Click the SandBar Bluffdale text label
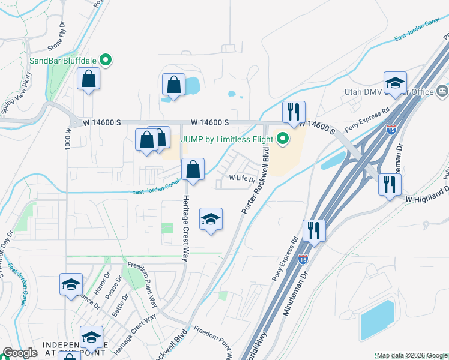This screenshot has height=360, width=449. [x=64, y=61]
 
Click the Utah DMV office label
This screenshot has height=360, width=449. [x=415, y=92]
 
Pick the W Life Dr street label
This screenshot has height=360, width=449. [x=243, y=178]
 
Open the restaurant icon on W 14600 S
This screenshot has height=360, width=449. [x=294, y=112]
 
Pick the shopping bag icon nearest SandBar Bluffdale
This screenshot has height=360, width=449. [x=88, y=79]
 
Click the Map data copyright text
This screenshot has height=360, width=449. [x=412, y=355]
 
